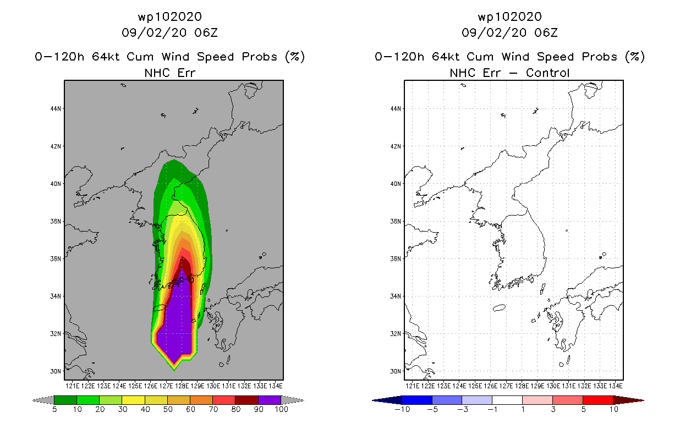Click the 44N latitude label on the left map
point(56,109)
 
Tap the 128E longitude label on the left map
point(182,386)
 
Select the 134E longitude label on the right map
point(615,386)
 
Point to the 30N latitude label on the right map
point(396,371)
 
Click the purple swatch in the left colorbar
point(270,400)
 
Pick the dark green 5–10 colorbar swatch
point(65,400)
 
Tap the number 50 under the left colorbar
point(168,409)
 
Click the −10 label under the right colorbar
point(402,409)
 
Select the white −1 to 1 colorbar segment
point(507,400)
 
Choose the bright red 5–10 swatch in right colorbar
point(597,400)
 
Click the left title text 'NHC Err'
point(170,73)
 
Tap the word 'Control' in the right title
point(547,73)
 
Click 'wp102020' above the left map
point(170,17)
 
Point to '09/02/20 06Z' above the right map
point(509,32)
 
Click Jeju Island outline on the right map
point(499,308)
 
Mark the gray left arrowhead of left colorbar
point(43,400)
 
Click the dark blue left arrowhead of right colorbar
point(387,400)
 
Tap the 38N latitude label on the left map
point(56,221)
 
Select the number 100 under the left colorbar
point(282,409)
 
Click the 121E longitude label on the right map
point(412,386)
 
